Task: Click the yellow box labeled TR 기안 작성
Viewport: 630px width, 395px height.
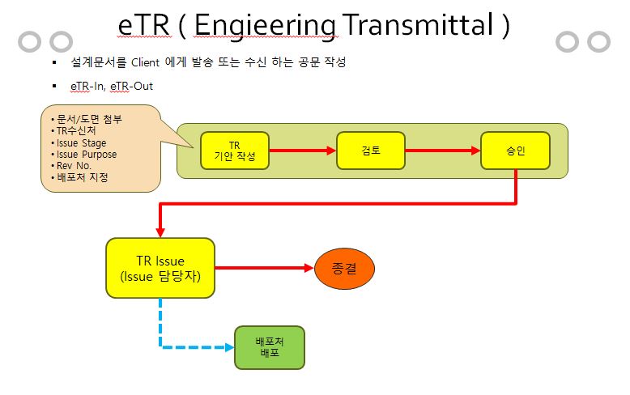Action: pyautogui.click(x=235, y=151)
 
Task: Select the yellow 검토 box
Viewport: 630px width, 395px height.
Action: pyautogui.click(x=370, y=151)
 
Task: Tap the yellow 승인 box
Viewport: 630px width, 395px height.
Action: pyautogui.click(x=516, y=151)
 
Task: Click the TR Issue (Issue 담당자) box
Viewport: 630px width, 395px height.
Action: pyautogui.click(x=160, y=268)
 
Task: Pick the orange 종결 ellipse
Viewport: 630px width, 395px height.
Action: pyautogui.click(x=344, y=268)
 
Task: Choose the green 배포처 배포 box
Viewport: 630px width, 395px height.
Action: pyautogui.click(x=270, y=347)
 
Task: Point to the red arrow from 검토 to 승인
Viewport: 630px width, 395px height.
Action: pyautogui.click(x=443, y=151)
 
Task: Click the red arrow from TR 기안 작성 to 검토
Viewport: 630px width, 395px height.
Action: pyautogui.click(x=303, y=151)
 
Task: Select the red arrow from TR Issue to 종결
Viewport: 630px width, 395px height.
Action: pyautogui.click(x=264, y=268)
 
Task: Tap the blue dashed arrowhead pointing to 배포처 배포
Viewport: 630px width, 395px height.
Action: pyautogui.click(x=230, y=347)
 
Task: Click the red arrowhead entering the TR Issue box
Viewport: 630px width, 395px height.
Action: pyautogui.click(x=160, y=233)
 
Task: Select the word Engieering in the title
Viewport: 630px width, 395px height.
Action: pyautogui.click(x=265, y=27)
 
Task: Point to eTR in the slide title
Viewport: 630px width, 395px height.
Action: pyautogui.click(x=144, y=25)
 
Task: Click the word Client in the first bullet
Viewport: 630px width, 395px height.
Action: pyautogui.click(x=146, y=62)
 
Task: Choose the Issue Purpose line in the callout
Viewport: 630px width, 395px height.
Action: pyautogui.click(x=87, y=155)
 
